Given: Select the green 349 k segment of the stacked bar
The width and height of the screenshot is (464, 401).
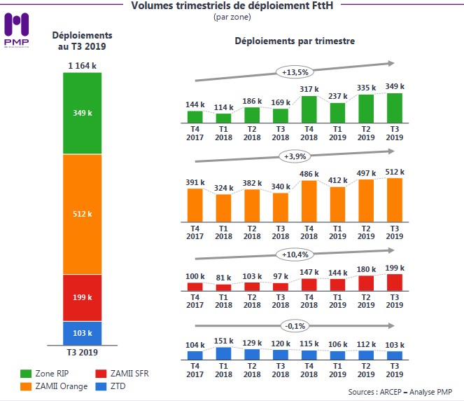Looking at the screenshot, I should click(83, 113).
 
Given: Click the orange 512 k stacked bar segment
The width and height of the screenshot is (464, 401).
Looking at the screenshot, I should click(83, 214).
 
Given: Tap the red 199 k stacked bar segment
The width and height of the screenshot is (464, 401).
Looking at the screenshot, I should click(83, 298).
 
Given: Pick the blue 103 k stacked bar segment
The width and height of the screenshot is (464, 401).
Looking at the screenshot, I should click(83, 332).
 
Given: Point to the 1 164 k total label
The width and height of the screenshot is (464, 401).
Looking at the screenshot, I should click(83, 66).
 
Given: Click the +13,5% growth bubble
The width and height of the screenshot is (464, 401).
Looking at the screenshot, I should click(295, 72).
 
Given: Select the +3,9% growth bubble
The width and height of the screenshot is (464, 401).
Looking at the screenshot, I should click(295, 156).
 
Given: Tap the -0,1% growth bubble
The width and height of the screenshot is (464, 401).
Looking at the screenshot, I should click(295, 326).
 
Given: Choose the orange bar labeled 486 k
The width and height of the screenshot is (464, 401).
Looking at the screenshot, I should click(309, 201).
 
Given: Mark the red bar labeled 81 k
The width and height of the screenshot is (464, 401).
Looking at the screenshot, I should click(223, 287).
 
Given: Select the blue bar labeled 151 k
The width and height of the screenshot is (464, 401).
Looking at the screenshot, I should click(223, 353).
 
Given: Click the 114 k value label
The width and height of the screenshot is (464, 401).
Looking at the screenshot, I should click(223, 107).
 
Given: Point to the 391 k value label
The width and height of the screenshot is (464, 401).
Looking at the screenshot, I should click(195, 182).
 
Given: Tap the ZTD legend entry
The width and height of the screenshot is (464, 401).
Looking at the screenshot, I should click(115, 386).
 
